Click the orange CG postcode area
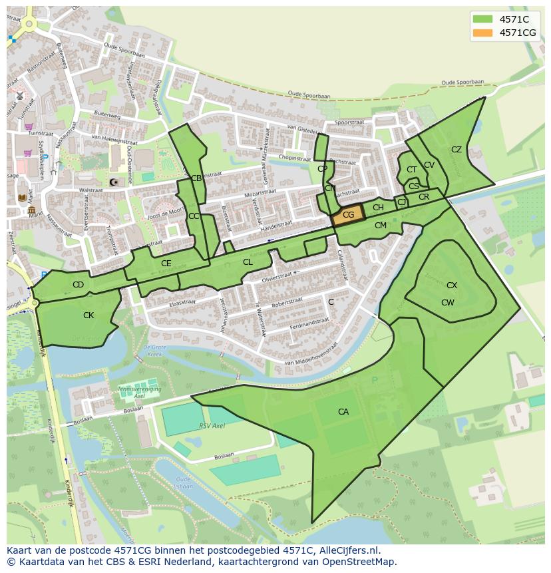point(348,214)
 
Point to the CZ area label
point(456,150)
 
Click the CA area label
point(343,412)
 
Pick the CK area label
point(89,315)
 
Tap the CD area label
point(78,285)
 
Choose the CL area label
point(248,262)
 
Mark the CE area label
point(166,264)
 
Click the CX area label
point(451,286)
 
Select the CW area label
point(447,303)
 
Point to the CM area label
point(380,226)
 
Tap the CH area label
point(378,208)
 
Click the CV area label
point(429,165)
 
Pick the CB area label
point(196,178)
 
